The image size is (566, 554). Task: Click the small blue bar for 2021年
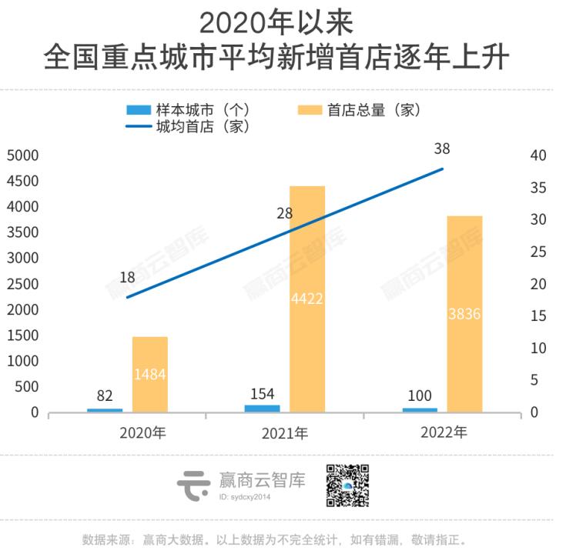coord(263,408)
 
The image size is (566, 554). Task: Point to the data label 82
coord(105,396)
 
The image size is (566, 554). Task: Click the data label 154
coord(263,393)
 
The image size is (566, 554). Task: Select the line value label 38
coord(442,149)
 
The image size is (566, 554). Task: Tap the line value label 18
coord(128,278)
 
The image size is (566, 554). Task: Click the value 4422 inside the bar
coord(307,299)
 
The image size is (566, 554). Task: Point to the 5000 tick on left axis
coord(22,155)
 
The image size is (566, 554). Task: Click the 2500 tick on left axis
coord(22,284)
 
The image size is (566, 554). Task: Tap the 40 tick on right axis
coord(538,155)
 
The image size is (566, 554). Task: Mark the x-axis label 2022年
coord(444,432)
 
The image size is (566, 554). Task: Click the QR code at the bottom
coord(347,486)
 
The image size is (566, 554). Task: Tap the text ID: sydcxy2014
coord(245,497)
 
